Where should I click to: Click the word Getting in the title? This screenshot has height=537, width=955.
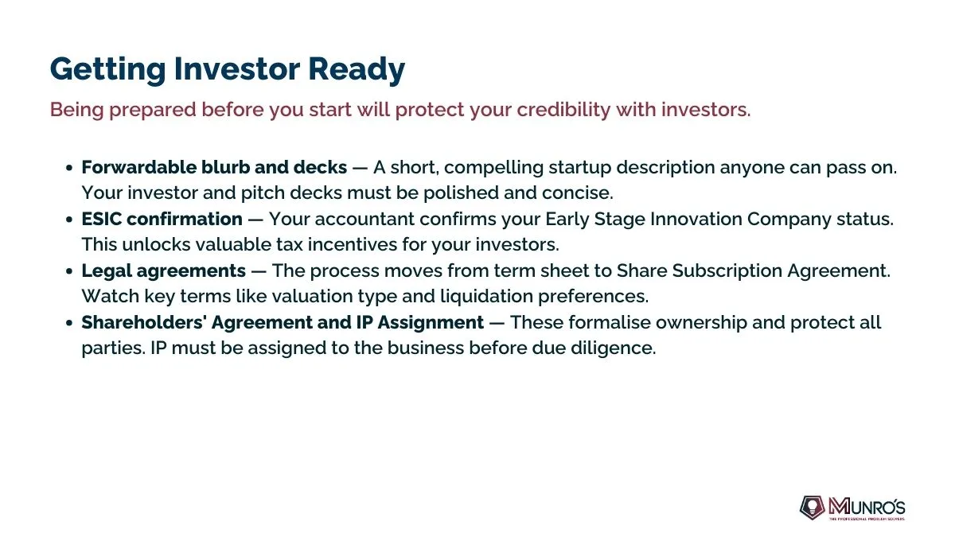tap(107, 69)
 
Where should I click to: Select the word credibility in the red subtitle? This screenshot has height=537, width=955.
tap(563, 110)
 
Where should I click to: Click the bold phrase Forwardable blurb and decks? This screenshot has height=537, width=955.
tap(214, 167)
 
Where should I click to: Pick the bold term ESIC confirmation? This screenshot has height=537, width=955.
tap(162, 219)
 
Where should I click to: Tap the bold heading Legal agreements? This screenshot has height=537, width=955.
tap(164, 271)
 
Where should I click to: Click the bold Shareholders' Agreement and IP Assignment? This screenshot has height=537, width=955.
tap(283, 323)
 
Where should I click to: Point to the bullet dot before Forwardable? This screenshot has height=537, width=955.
tap(69, 168)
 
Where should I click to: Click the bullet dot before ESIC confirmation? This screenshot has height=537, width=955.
tap(69, 220)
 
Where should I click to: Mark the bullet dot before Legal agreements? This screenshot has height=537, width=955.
tap(69, 271)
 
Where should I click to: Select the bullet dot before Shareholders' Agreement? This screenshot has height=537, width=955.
tap(69, 323)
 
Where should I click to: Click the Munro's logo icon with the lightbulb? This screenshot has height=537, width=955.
tap(812, 508)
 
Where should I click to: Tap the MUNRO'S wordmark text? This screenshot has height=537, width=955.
tap(867, 507)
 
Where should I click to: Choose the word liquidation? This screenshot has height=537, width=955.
tap(486, 297)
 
